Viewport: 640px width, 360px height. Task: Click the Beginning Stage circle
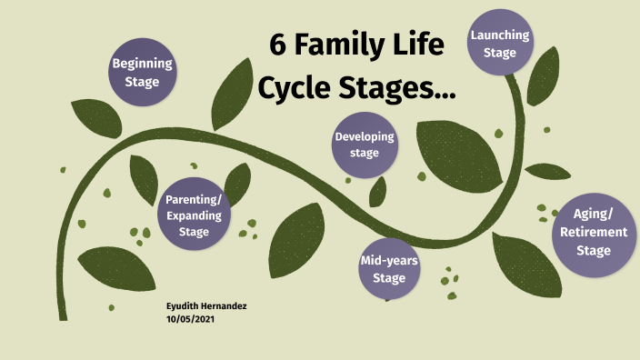(x=142, y=73)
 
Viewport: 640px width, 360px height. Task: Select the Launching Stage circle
(x=500, y=44)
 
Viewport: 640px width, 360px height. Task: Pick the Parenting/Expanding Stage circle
(x=194, y=216)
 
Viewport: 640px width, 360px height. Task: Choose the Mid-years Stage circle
(x=389, y=269)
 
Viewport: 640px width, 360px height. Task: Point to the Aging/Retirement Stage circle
(x=594, y=233)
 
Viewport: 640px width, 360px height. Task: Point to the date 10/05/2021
(x=190, y=319)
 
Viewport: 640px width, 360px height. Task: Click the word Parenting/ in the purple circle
(x=194, y=200)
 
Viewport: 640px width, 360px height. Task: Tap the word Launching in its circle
(x=500, y=35)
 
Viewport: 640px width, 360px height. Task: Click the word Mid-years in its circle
(x=389, y=261)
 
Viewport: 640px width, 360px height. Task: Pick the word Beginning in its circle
(x=142, y=64)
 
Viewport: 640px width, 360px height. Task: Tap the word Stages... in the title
(x=396, y=89)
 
